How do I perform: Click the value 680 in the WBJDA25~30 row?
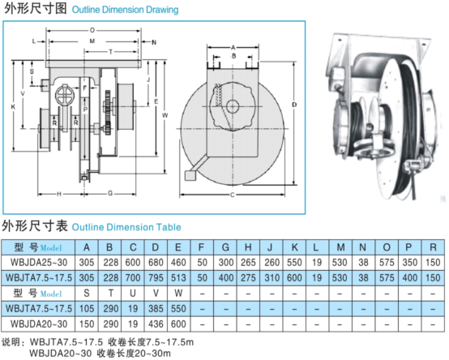coord(156,263)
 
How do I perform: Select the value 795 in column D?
coord(156,278)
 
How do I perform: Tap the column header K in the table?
coord(294,247)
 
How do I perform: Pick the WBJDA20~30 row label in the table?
coord(39,324)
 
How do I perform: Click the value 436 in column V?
coord(156,324)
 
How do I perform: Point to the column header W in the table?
coord(178,293)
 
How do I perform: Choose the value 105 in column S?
coord(87,308)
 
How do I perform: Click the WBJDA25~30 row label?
coord(39,263)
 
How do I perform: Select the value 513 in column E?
coord(178,278)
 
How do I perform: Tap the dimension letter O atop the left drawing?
coord(92,30)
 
